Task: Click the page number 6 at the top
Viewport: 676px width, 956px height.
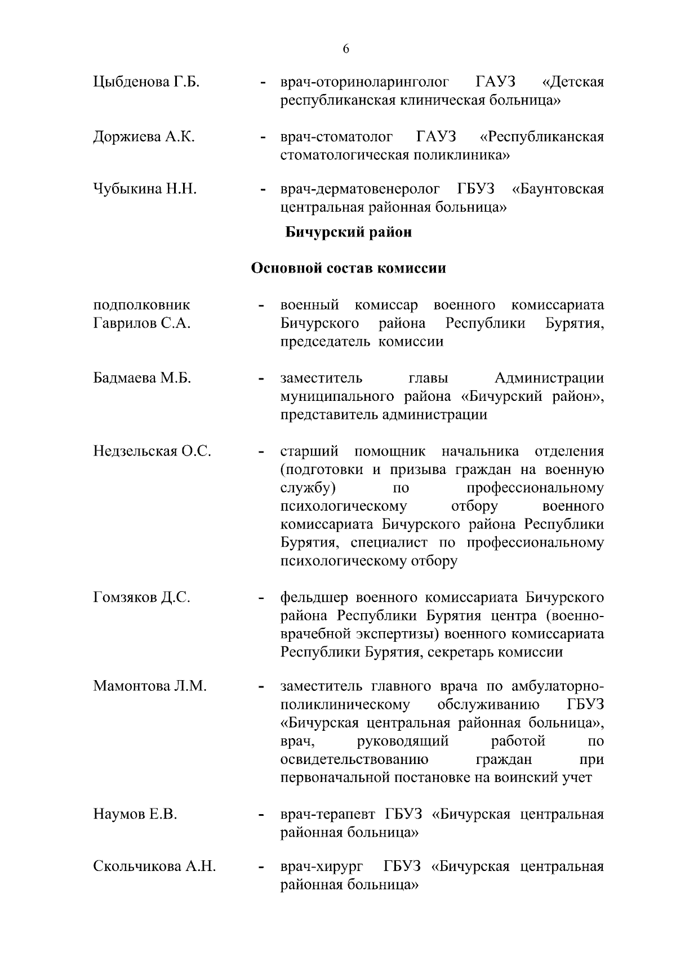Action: pyautogui.click(x=346, y=49)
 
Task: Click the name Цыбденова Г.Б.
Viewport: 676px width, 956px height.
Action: pyautogui.click(x=147, y=82)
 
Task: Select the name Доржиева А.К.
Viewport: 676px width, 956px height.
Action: pyautogui.click(x=144, y=137)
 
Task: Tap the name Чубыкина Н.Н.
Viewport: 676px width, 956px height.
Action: pyautogui.click(x=144, y=189)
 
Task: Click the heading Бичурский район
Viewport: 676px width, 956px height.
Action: pyautogui.click(x=348, y=232)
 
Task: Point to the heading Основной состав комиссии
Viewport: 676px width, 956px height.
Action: pyautogui.click(x=348, y=268)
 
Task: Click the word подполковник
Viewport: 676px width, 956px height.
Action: pyautogui.click(x=141, y=305)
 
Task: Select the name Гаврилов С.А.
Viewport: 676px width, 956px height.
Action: pyautogui.click(x=141, y=324)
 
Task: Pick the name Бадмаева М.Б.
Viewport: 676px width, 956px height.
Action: pyautogui.click(x=142, y=378)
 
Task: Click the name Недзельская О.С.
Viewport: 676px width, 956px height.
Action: pyautogui.click(x=152, y=452)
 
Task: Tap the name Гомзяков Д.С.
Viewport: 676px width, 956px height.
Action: pyautogui.click(x=141, y=598)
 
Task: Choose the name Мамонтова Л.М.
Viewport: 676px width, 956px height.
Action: pyautogui.click(x=150, y=686)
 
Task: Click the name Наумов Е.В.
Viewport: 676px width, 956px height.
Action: pyautogui.click(x=135, y=815)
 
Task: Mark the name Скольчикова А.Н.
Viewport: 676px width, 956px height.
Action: pyautogui.click(x=154, y=866)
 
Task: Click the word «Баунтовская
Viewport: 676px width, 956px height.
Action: pyautogui.click(x=558, y=189)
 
